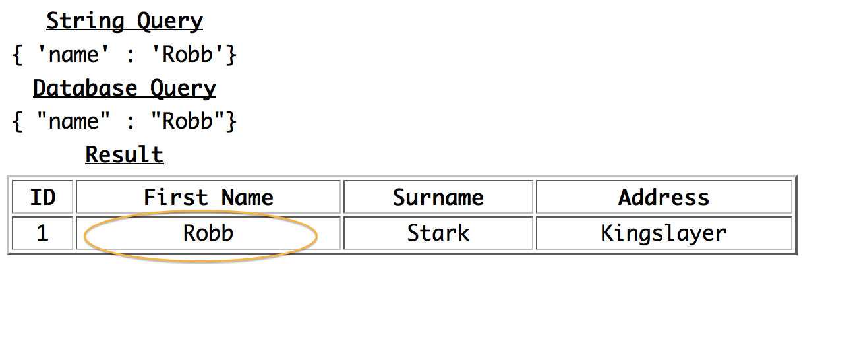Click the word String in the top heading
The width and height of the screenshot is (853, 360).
(85, 22)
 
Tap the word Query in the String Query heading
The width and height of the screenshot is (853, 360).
(169, 22)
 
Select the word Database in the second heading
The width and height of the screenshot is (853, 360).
(85, 88)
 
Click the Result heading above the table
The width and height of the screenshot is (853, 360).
(125, 155)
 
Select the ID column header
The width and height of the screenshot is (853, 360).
(42, 197)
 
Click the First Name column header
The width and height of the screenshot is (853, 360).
(208, 197)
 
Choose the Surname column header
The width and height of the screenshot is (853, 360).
(438, 197)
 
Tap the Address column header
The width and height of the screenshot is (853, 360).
(664, 197)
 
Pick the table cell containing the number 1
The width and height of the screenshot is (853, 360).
(42, 233)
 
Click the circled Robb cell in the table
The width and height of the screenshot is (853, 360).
(208, 233)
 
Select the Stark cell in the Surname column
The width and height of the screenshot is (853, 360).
(438, 233)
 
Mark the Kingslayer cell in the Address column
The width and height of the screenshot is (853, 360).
(664, 233)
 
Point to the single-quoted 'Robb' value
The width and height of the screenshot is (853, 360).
(188, 55)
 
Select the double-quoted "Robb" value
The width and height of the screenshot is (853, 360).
(188, 121)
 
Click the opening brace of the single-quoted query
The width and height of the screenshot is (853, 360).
(18, 55)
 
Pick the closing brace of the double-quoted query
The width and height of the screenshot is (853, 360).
(231, 122)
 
